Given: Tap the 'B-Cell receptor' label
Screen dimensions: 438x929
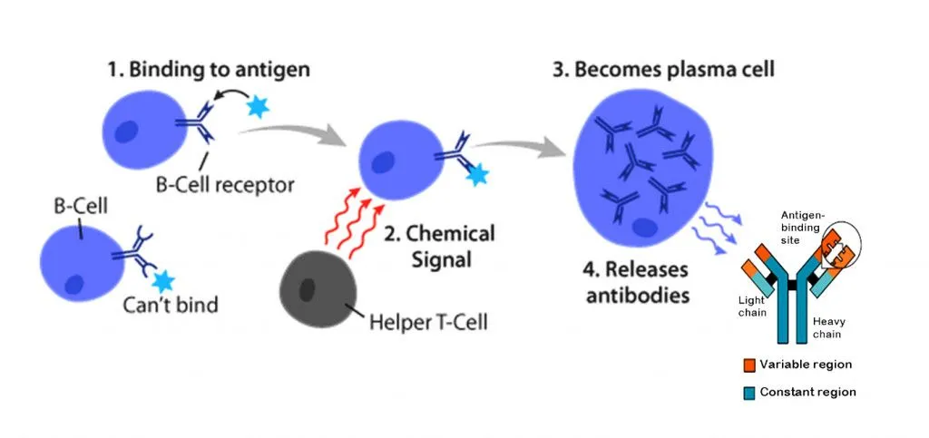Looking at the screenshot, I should coord(225,185).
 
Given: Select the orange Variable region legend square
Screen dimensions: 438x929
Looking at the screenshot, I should coord(749,365).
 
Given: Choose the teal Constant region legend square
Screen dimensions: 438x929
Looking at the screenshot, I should coord(749,392).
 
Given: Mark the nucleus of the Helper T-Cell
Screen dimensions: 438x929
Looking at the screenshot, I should coord(308,291).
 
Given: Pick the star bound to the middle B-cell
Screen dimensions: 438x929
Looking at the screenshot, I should coord(474,175).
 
